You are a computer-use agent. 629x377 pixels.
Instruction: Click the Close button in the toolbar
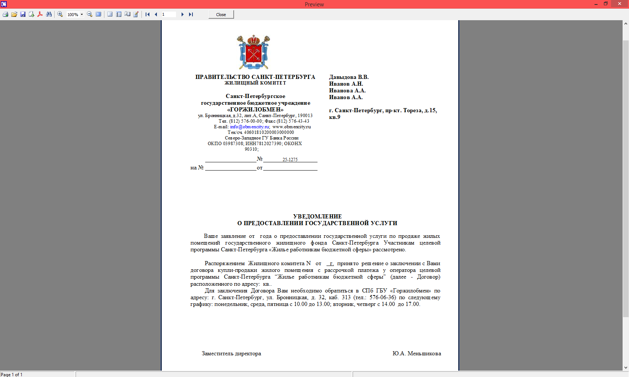[x=221, y=15]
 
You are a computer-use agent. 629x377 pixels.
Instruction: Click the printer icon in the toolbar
[x=5, y=15]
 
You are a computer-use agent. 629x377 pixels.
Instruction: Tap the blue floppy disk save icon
[x=23, y=15]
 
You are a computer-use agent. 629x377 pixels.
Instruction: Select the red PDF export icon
[x=40, y=15]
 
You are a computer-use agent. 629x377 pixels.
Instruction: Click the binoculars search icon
[x=49, y=15]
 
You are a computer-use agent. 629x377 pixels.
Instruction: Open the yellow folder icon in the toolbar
[x=14, y=15]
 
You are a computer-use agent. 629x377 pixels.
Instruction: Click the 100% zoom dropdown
[x=75, y=15]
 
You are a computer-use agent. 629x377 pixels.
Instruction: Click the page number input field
[x=168, y=15]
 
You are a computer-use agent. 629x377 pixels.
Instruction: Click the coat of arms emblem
[x=253, y=52]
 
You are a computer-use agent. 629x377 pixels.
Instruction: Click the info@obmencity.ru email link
[x=249, y=127]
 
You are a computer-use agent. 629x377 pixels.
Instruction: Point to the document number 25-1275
[x=290, y=160]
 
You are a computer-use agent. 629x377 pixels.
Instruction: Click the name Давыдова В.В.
[x=349, y=77]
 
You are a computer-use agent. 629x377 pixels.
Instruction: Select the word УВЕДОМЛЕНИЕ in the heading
[x=317, y=217]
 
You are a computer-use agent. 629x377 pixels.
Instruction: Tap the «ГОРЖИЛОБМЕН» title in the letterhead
[x=255, y=110]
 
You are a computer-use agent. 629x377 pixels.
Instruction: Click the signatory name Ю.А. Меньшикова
[x=416, y=353]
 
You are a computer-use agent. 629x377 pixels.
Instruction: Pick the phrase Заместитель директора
[x=231, y=353]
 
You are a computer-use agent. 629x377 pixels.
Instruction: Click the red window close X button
[x=619, y=4]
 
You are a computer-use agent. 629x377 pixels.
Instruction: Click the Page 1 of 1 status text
[x=12, y=374]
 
